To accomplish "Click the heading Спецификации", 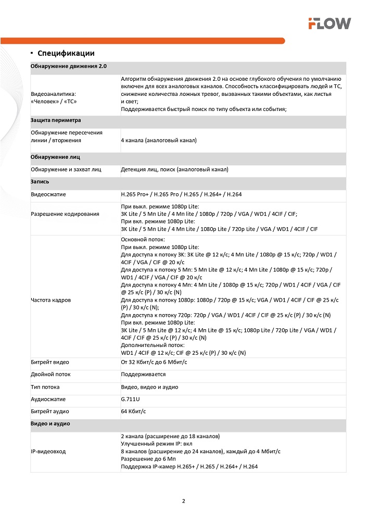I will tap(66, 53).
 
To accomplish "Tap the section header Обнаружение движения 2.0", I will tap(69, 67).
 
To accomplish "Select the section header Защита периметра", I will tap(56, 120).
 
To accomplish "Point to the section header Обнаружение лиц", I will tap(55, 156).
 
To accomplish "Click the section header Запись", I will tap(41, 181).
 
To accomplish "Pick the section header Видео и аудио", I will tap(50, 424).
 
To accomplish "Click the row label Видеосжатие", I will tap(48, 194).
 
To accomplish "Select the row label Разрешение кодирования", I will tap(65, 214).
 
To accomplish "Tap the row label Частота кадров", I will tap(51, 300).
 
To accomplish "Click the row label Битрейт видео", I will tap(50, 362).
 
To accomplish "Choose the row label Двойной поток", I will tap(50, 374).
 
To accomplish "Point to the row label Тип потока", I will tap(45, 387).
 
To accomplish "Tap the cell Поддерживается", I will tap(143, 374).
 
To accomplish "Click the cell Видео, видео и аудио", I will tap(149, 387).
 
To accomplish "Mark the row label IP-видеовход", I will tap(48, 451).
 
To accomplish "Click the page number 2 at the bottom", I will tap(184, 501).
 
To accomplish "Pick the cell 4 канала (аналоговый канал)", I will tap(158, 140).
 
